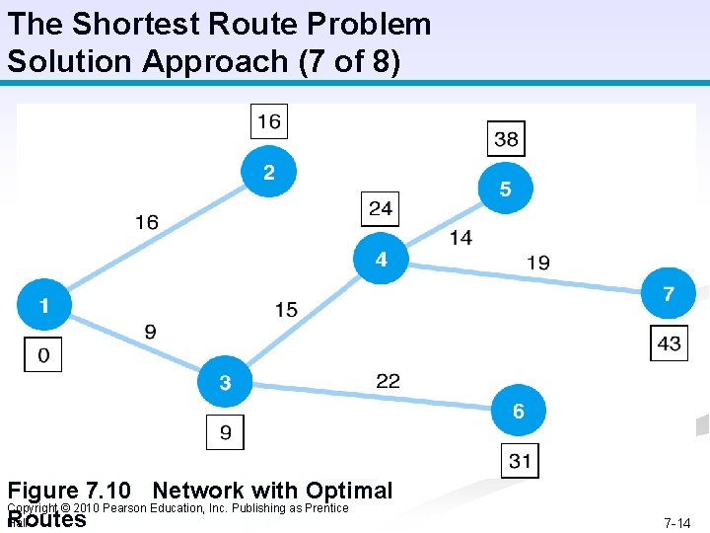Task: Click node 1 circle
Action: [x=43, y=304]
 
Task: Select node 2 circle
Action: [x=268, y=172]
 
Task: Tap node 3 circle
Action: [x=226, y=382]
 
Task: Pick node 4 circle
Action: [x=381, y=259]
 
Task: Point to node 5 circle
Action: [x=505, y=188]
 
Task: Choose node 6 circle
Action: [x=518, y=411]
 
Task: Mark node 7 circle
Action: [x=669, y=293]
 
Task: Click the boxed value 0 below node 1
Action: [x=42, y=354]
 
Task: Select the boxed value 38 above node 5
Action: [x=506, y=139]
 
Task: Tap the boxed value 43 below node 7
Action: [x=669, y=343]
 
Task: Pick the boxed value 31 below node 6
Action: [x=520, y=460]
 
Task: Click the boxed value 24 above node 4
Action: [x=381, y=208]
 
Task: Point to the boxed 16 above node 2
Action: [x=268, y=121]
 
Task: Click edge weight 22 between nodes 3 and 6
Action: [x=389, y=380]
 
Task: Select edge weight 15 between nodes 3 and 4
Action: [x=286, y=310]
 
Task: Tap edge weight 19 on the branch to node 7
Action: [x=538, y=263]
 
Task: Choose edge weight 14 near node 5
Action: [x=461, y=237]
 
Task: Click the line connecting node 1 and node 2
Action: [x=158, y=237]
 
